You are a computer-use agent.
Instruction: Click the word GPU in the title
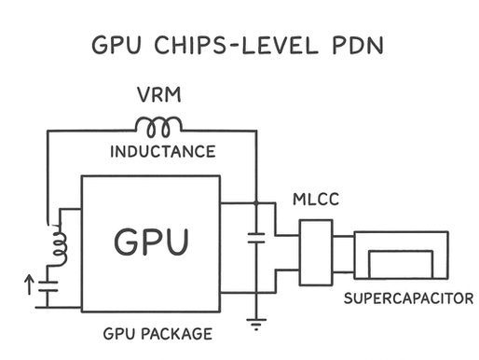coord(114,46)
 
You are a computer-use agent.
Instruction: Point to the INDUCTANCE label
coord(162,151)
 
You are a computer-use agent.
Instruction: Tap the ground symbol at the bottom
coord(254,325)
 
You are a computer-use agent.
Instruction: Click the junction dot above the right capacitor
coord(254,201)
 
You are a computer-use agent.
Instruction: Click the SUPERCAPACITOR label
coord(408,299)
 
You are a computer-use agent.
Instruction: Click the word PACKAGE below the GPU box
coord(180,333)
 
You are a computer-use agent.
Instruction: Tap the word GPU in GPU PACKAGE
coord(120,333)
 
